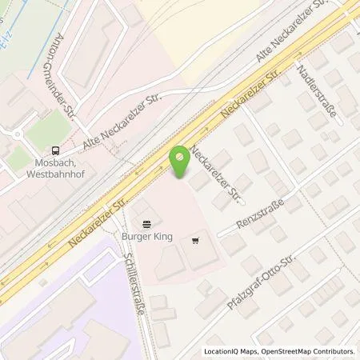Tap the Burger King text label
coord(146,238)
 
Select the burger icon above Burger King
coord(146,226)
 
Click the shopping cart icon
coord(196,240)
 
